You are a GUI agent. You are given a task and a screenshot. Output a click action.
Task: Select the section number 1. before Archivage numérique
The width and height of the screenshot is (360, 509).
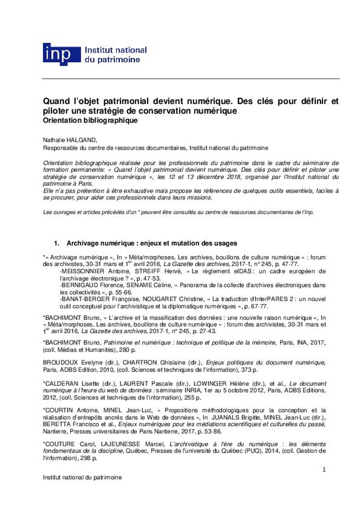(56, 243)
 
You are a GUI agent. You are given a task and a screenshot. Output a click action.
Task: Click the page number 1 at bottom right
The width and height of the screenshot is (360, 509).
(324, 469)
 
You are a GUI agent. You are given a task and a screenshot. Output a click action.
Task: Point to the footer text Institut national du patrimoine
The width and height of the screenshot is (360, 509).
(82, 477)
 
